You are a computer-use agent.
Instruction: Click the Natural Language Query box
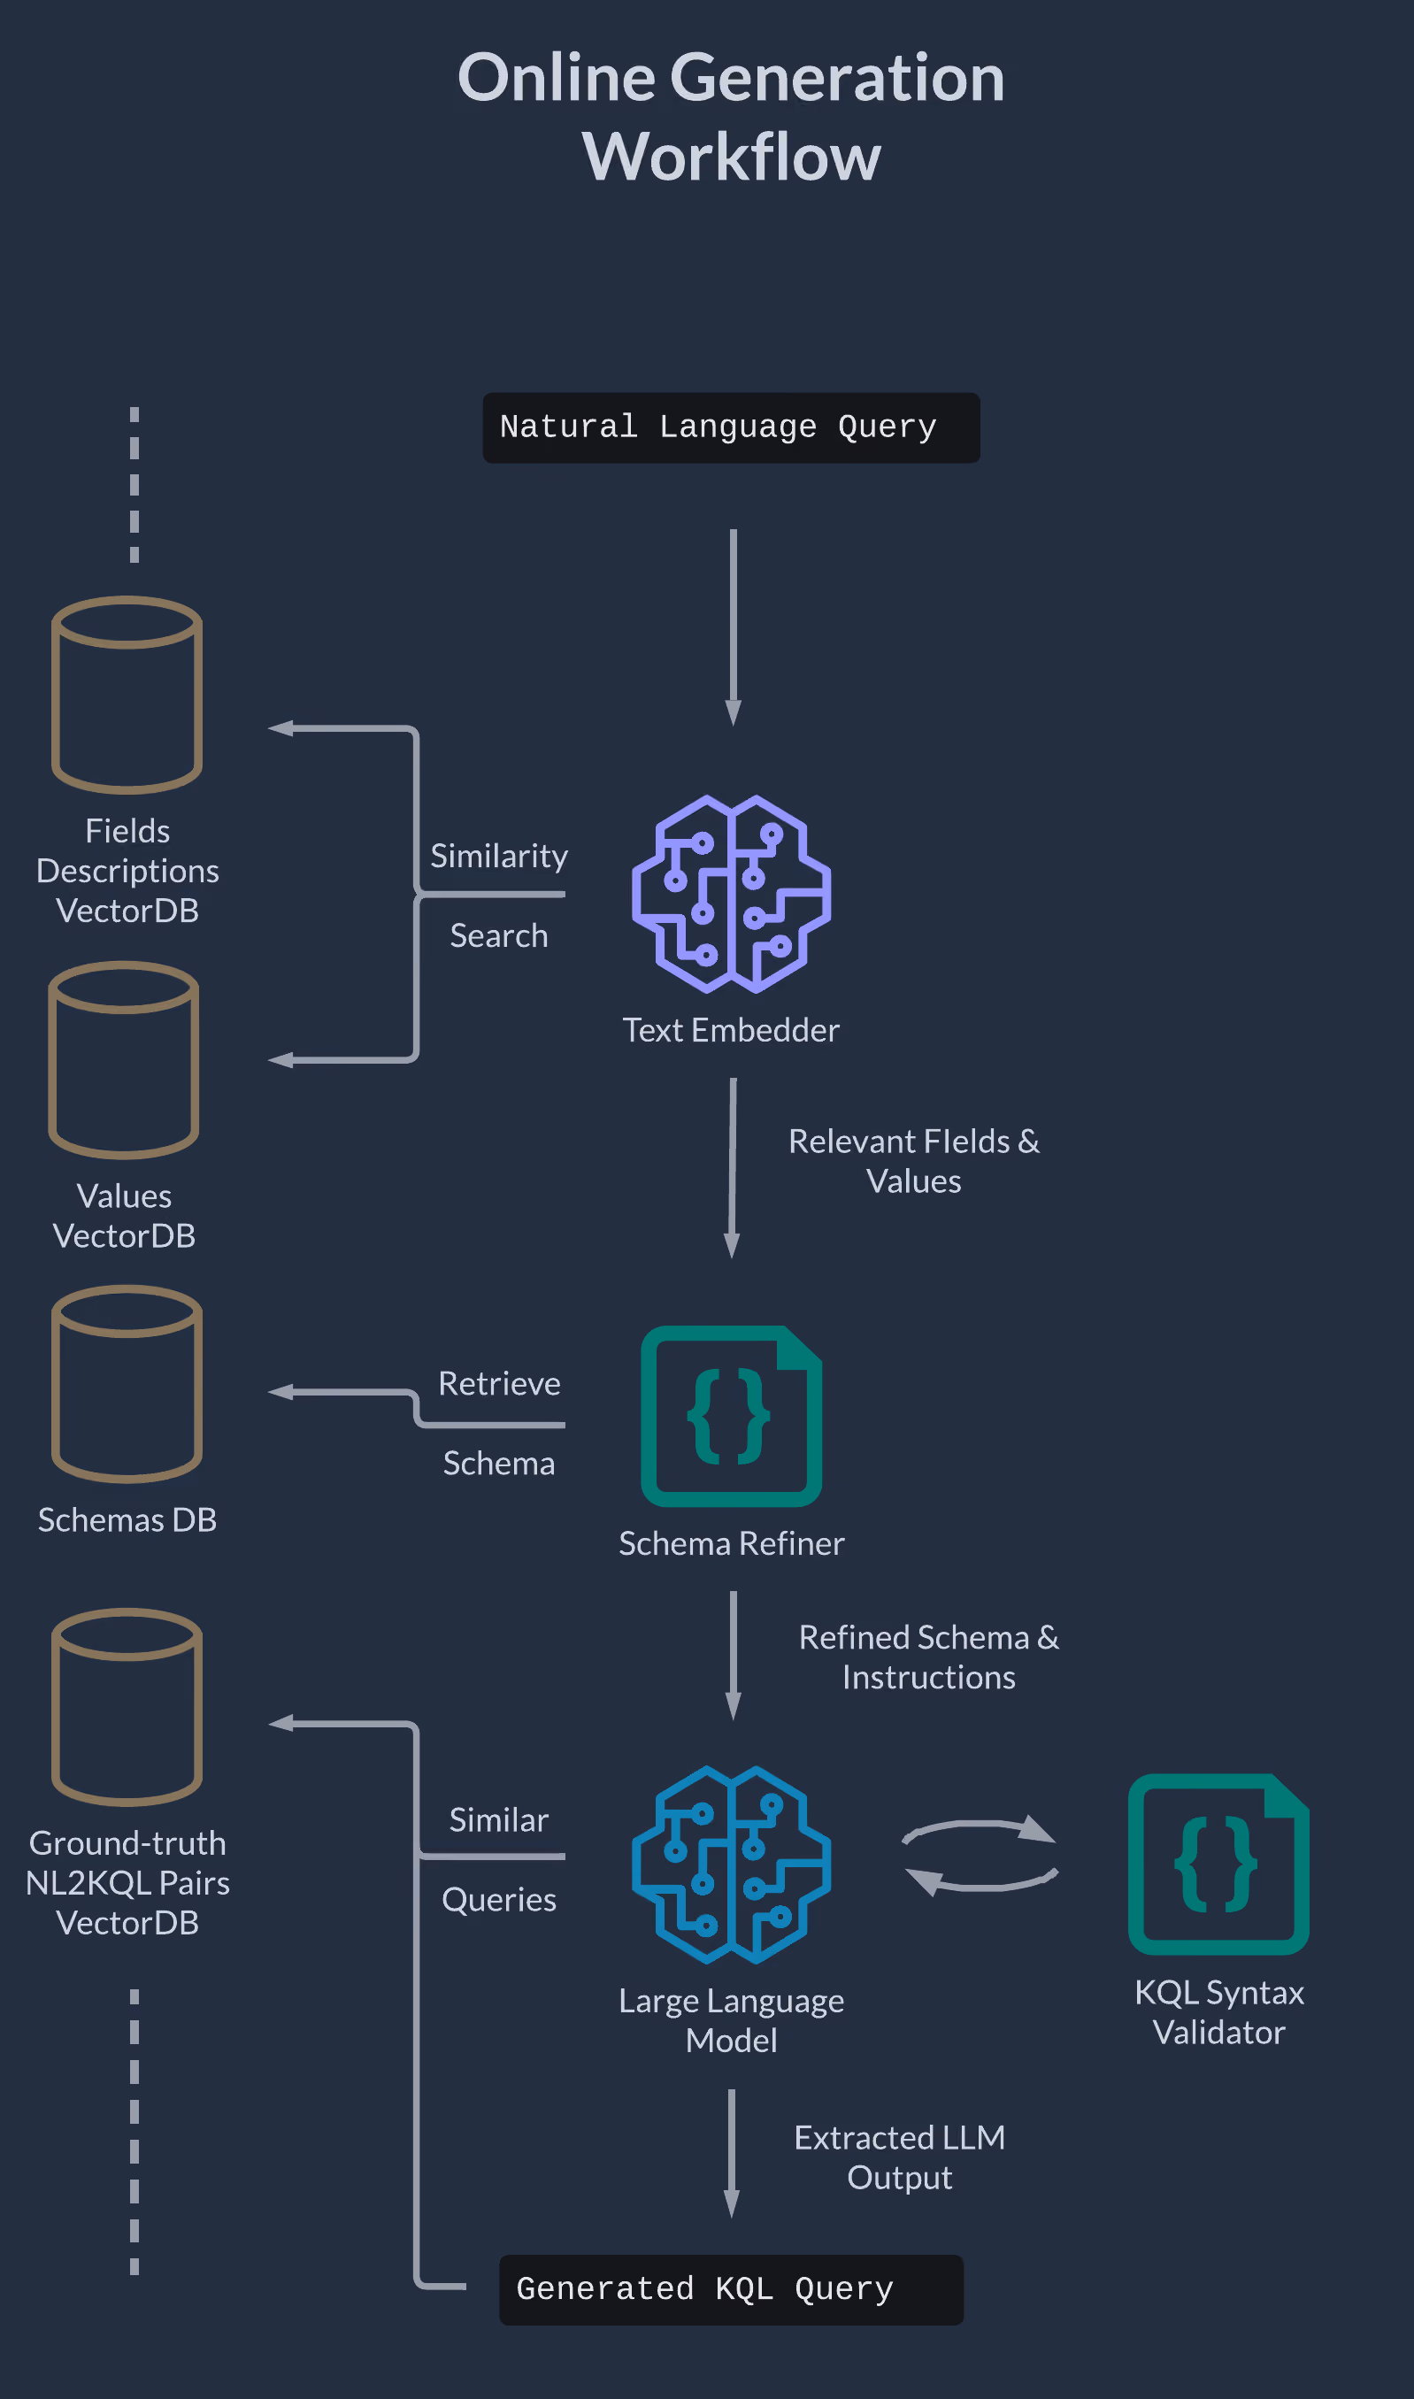click(731, 427)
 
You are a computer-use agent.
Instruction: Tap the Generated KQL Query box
click(731, 2289)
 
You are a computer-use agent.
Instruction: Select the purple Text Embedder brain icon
click(731, 894)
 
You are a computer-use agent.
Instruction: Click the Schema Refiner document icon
click(731, 1416)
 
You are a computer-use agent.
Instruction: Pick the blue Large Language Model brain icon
click(731, 1865)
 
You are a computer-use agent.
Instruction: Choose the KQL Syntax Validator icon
click(1218, 1864)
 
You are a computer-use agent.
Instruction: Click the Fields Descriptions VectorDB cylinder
click(127, 695)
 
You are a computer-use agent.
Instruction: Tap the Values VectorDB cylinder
click(124, 1059)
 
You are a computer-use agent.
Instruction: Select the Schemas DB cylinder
click(127, 1383)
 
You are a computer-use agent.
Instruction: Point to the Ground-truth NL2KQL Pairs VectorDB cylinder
click(127, 1706)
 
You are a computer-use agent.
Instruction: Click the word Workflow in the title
click(731, 157)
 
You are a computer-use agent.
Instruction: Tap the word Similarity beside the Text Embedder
click(499, 856)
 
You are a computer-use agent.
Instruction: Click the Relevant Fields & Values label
click(914, 1160)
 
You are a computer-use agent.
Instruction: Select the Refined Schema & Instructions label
click(929, 1657)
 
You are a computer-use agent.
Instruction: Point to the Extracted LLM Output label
click(900, 2157)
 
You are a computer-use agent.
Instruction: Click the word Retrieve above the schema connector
click(499, 1383)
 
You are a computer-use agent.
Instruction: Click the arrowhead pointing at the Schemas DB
click(280, 1392)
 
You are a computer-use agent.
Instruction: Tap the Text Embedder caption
click(731, 1030)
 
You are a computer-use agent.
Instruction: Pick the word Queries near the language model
click(499, 1901)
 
